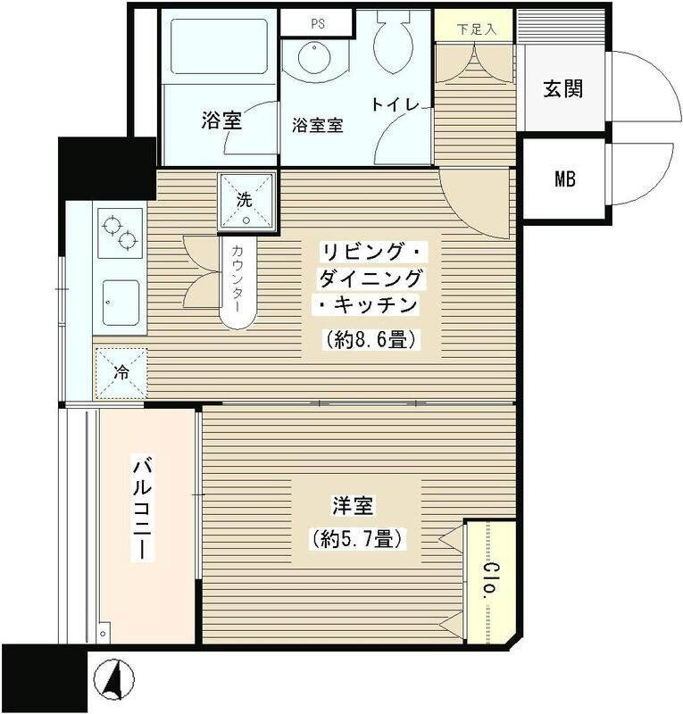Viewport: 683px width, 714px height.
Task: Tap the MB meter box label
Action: click(563, 178)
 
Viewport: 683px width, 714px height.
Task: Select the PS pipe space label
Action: click(317, 24)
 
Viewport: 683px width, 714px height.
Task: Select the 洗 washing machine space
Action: click(245, 202)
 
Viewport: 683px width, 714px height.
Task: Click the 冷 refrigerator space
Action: click(121, 372)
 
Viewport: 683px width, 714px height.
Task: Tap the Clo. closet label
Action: click(490, 580)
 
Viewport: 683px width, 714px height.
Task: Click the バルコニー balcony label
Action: click(142, 509)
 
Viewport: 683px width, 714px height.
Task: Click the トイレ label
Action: click(396, 105)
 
